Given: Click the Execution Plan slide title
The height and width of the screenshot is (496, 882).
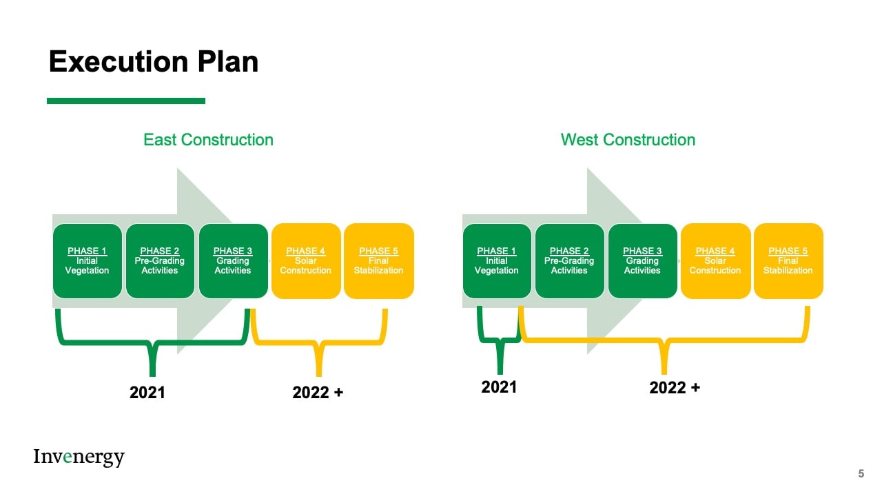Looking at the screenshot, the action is pos(154,62).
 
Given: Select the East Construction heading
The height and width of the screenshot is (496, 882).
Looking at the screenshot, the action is pos(208,140).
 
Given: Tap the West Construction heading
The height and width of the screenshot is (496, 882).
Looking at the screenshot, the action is pos(628,140).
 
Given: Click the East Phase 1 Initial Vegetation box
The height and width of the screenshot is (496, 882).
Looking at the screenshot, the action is pos(88,261).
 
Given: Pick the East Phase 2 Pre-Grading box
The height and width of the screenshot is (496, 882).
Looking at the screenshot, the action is pos(160,261).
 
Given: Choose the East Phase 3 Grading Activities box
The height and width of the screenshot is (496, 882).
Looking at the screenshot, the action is pos(233,261).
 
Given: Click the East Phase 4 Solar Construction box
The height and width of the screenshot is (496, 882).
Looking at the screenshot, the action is pos(306,261).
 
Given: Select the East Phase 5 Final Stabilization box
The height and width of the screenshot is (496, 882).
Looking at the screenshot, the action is pos(379,261).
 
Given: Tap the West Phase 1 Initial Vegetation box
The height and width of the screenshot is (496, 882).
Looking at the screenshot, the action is pos(497,261).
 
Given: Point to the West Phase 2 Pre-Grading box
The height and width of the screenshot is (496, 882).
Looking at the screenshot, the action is pos(570,261).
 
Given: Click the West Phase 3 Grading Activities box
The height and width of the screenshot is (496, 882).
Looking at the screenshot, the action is pos(643,261).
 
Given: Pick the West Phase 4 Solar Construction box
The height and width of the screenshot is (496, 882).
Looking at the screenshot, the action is pos(715,261).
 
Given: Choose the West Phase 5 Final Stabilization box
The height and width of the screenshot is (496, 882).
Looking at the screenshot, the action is pos(788,261).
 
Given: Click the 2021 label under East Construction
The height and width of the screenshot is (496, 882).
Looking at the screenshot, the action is pos(147,393).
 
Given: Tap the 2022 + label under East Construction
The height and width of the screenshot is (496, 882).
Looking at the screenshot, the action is pos(318,393).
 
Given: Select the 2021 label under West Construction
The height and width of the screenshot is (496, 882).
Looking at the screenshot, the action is pos(499,387).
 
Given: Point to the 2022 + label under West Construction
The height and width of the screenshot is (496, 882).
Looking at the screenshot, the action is pos(675,388).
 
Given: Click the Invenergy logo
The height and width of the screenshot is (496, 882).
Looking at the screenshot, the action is pos(79,457).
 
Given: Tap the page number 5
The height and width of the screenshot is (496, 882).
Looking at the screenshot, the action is pos(861,473).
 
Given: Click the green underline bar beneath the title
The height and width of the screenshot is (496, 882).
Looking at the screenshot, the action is pos(126,101).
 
